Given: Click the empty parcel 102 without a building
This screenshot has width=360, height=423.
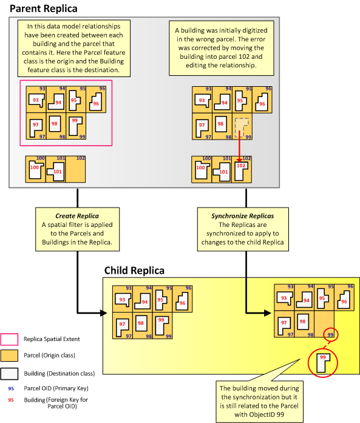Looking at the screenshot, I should (76, 169).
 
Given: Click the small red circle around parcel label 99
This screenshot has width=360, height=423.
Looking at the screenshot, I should (330, 334).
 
